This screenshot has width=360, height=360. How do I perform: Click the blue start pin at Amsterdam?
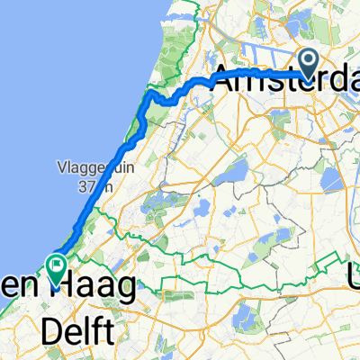309,62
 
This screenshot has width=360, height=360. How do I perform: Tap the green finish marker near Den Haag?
56,268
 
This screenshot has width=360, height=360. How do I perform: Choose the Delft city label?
80,332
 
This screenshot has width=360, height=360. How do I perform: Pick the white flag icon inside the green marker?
56,266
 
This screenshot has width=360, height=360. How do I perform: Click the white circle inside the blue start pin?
309,59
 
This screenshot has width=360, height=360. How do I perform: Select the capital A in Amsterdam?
224,76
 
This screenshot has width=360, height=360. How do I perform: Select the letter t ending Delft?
109,332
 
